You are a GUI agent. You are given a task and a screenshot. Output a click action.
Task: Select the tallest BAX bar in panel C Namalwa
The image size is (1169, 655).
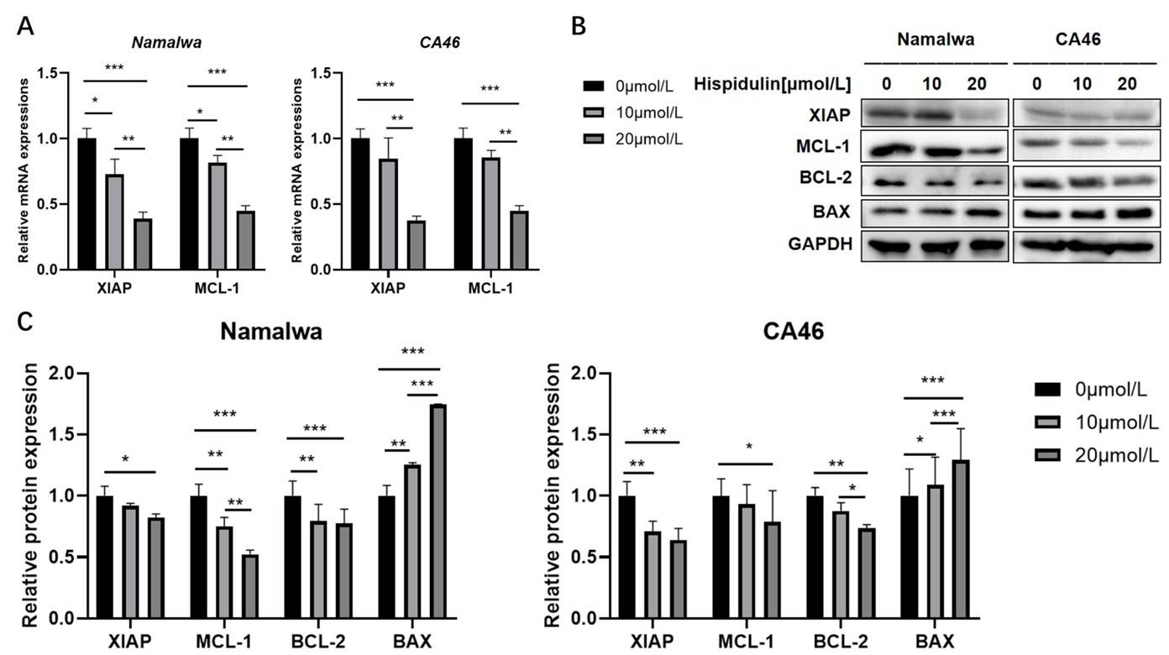point(438,511)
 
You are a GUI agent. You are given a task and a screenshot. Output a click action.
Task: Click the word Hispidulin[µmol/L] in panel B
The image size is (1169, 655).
point(773,84)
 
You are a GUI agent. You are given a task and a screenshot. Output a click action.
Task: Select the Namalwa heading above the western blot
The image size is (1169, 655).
point(935,39)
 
